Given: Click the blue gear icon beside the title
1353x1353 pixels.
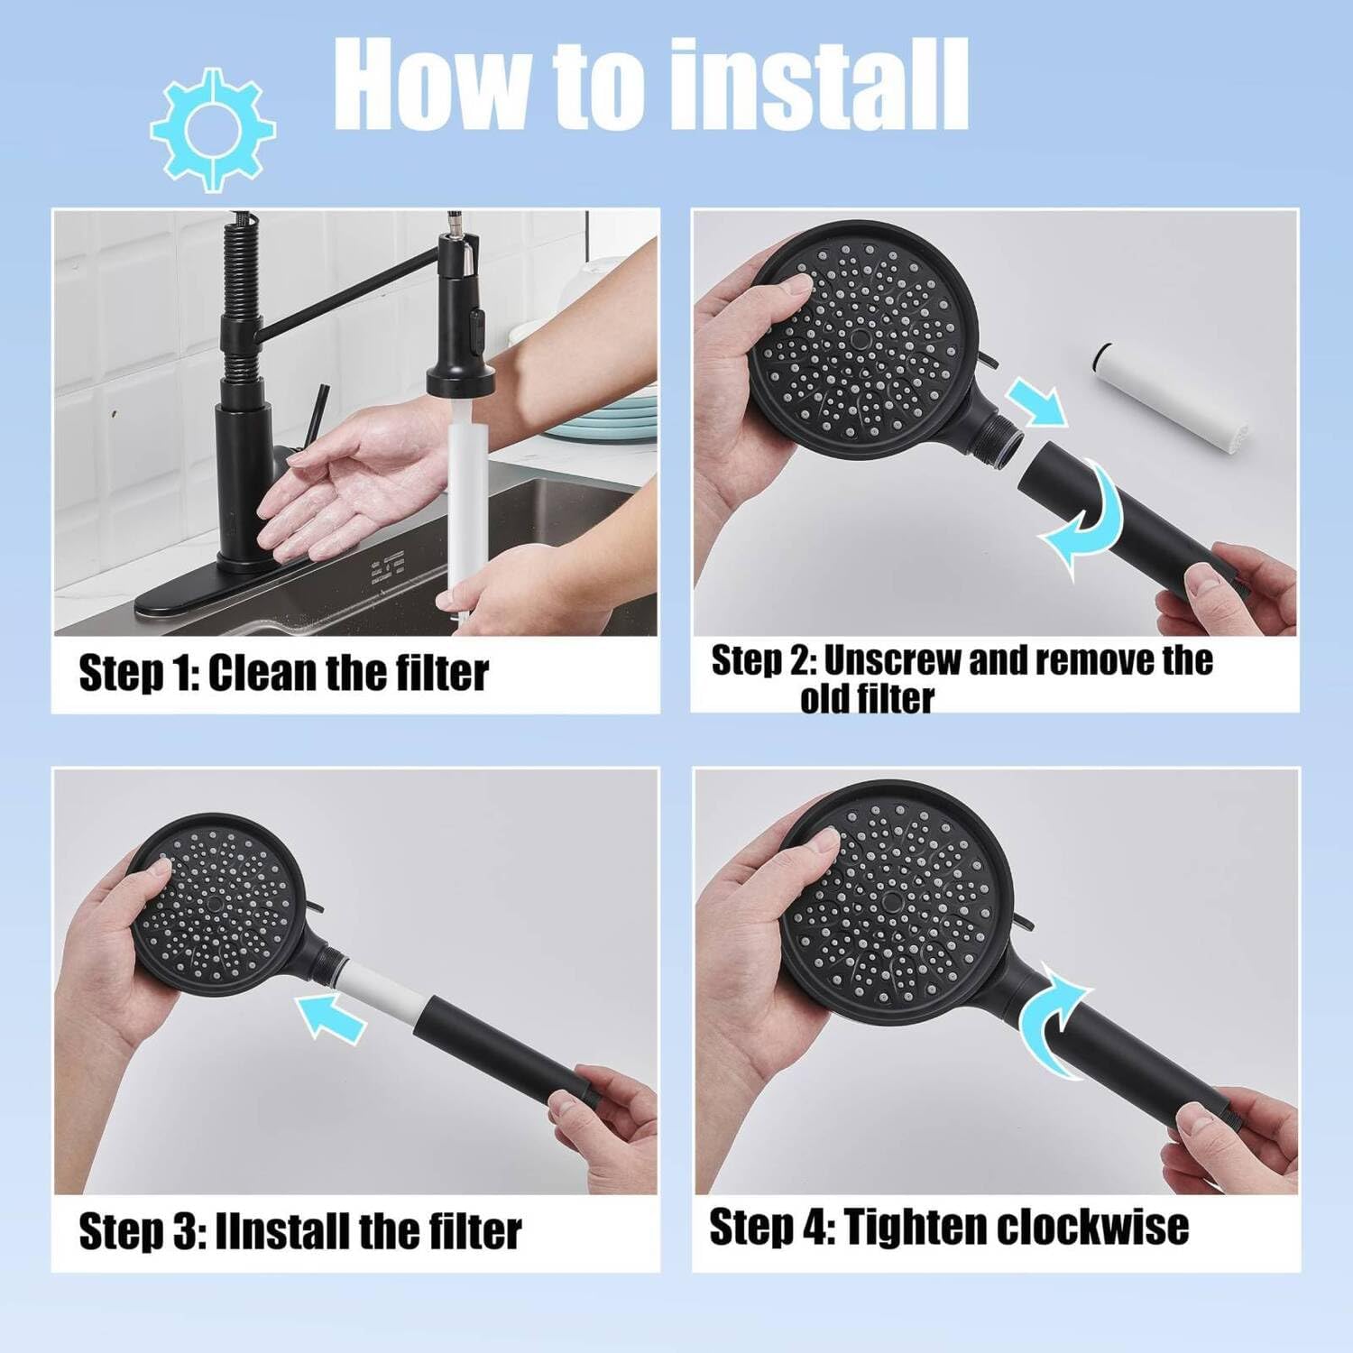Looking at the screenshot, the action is tap(212, 129).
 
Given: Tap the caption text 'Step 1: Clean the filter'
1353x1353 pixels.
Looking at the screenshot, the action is tap(283, 674).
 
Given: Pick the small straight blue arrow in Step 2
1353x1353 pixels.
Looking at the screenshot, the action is tap(1037, 401).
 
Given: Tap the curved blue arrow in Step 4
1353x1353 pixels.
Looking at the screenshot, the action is tap(1055, 1020).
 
